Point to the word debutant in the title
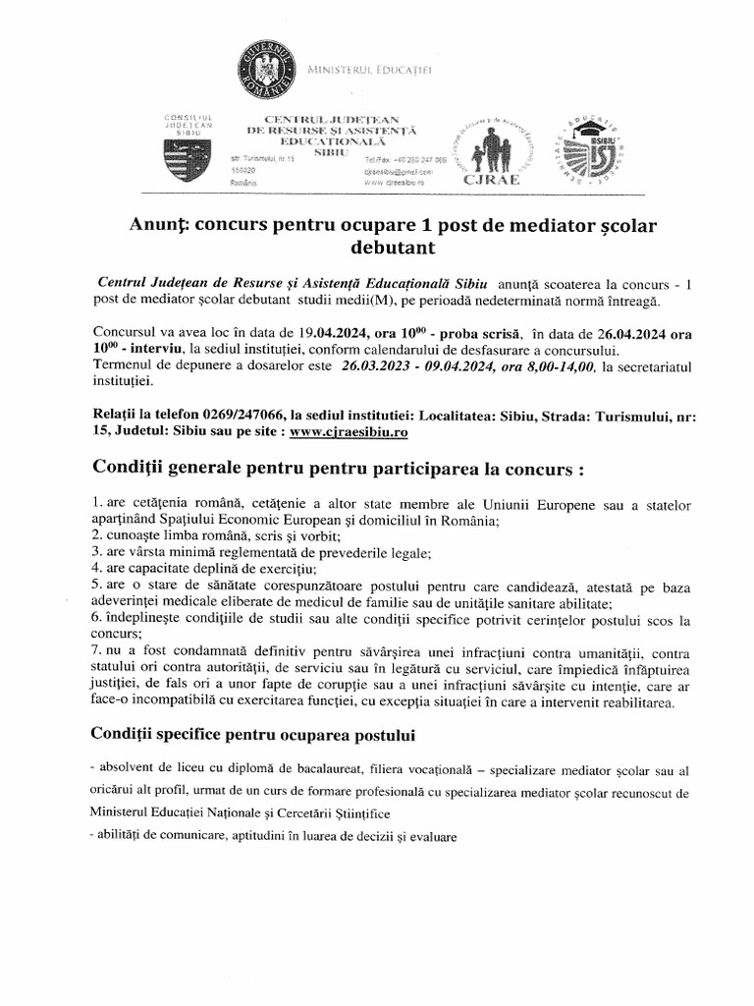point(376,250)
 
